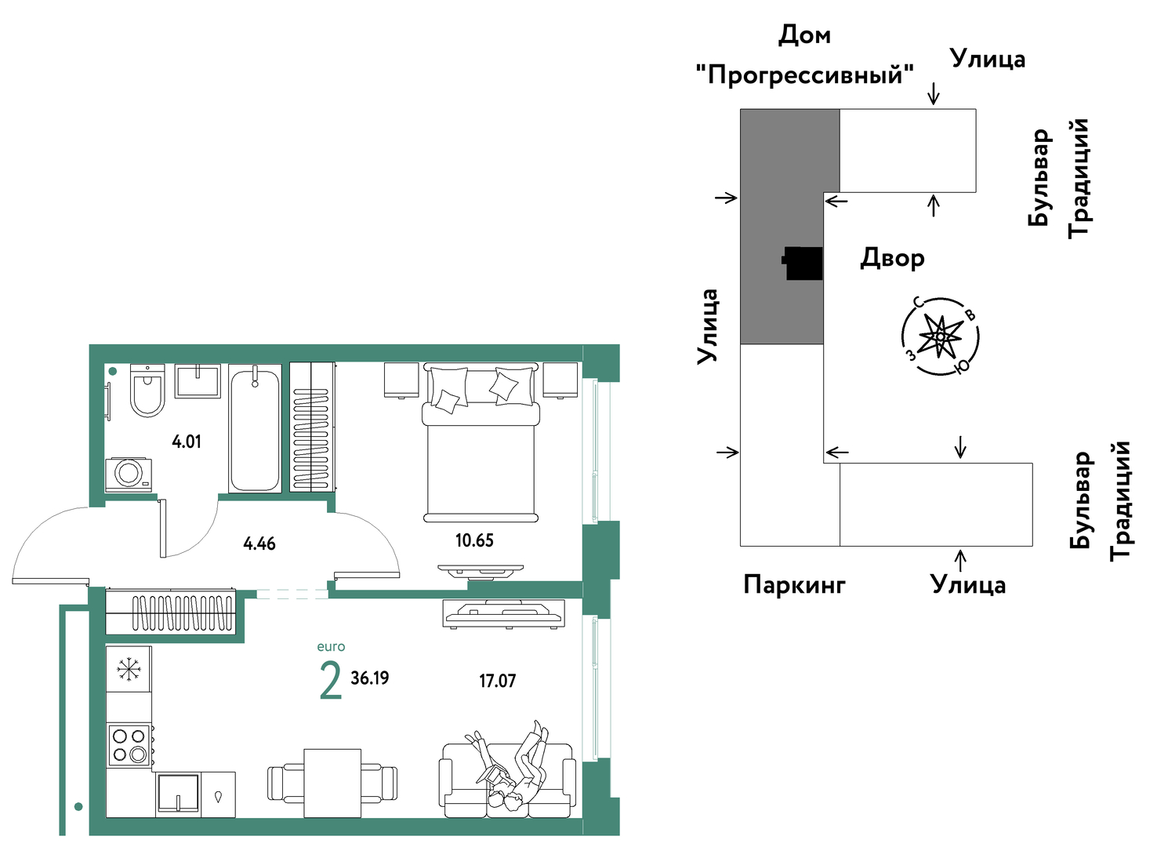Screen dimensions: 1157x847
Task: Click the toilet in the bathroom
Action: pos(147,391)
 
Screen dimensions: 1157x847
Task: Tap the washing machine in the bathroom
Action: pos(129,474)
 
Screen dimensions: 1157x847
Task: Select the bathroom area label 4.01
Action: pos(187,442)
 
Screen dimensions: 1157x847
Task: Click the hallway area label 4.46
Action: pos(259,543)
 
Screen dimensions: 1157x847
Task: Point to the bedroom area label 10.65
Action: pos(474,540)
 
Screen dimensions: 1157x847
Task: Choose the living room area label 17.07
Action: pos(498,681)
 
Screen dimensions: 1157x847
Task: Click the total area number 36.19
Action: pos(370,678)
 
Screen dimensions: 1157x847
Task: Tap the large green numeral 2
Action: pos(331,680)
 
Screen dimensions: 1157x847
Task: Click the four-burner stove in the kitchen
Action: pos(129,745)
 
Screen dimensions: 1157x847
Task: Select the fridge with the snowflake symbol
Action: pos(129,669)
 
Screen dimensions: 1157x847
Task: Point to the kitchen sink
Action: pos(178,794)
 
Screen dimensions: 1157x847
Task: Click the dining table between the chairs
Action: pos(332,783)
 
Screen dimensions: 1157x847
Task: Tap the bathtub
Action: pos(256,428)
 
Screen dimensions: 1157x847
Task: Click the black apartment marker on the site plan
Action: pos(802,263)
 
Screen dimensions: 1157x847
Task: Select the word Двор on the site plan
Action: pos(892,258)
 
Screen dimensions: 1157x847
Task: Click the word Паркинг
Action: pos(794,586)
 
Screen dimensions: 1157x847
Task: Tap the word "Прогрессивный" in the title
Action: pos(805,75)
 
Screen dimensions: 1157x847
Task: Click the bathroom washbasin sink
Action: pos(198,381)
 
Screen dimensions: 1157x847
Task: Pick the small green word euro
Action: pos(331,646)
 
